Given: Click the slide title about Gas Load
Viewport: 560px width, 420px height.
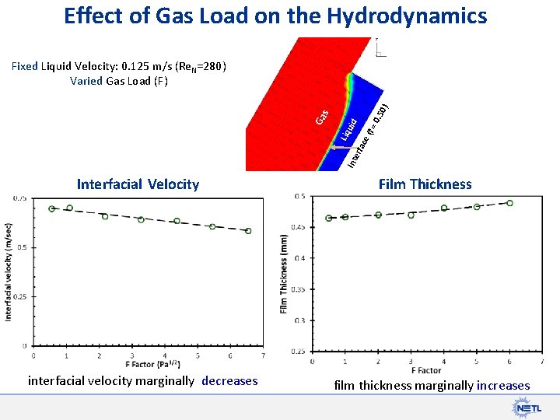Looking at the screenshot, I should pos(276,16).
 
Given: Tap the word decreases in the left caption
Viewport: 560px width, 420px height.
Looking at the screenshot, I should pos(229,380).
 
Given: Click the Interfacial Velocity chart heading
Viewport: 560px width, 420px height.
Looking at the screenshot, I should pos(138,184).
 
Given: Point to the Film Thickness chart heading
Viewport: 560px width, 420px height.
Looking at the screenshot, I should pos(425,184).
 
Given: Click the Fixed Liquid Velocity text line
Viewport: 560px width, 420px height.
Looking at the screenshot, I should pos(119,66).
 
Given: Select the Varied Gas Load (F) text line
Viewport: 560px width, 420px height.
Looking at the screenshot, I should pos(119,80).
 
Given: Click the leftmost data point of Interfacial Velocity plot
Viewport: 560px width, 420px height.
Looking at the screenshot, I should pos(52,208).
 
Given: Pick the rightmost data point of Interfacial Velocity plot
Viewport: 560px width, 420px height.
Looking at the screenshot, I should pos(249,231).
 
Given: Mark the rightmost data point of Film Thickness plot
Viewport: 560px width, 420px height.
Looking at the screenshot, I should pos(509,203).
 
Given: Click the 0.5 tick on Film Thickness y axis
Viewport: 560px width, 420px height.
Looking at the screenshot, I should pos(299,196).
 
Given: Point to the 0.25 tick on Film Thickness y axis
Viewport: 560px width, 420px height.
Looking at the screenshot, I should pos(298,351).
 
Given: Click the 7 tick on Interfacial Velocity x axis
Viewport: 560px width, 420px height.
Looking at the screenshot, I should pos(264,355).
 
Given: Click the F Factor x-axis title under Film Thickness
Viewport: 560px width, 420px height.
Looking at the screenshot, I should pos(425,370).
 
